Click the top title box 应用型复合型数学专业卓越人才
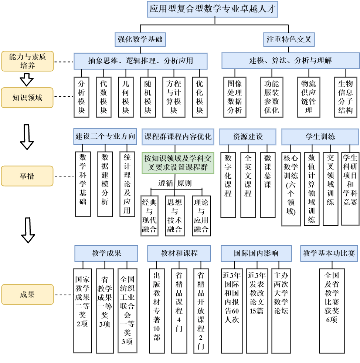pos(213,9)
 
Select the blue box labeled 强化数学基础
pos(140,39)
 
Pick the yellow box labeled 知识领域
pos(27,98)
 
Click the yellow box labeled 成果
pos(27,295)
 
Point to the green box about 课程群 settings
pos(178,163)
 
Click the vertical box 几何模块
pos(126,97)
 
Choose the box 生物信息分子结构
pos(346,97)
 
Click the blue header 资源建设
pos(248,137)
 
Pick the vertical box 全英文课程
pos(248,184)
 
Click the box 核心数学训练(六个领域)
pos(291,188)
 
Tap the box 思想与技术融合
pos(174,215)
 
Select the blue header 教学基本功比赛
pos(329,253)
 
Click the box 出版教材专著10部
pos(157,310)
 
